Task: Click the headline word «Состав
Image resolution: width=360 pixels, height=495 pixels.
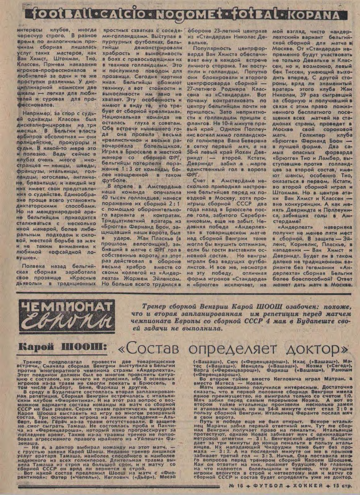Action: pyautogui.click(x=141, y=349)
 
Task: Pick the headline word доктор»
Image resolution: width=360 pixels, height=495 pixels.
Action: pyautogui.click(x=314, y=349)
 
